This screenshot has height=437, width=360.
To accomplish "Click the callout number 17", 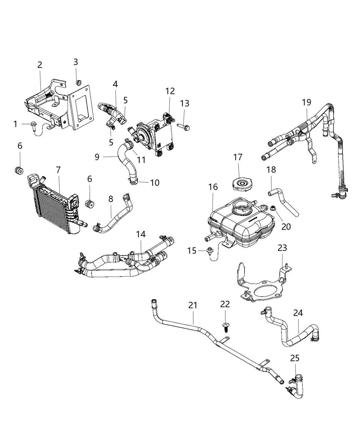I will tap(238, 157).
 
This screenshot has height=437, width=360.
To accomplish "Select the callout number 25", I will tap(295, 358).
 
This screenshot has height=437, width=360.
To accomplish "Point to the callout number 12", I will tap(170, 91).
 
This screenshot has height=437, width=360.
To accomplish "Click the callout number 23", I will tap(282, 248).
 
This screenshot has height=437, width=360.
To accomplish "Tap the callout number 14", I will tap(141, 234).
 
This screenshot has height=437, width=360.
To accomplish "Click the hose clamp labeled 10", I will tap(134, 181).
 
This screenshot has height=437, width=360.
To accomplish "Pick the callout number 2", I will tap(40, 64).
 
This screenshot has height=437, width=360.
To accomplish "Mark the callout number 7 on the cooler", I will tap(58, 169).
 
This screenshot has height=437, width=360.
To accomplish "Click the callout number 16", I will tap(213, 187).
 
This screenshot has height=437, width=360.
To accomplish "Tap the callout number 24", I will tap(298, 313).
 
